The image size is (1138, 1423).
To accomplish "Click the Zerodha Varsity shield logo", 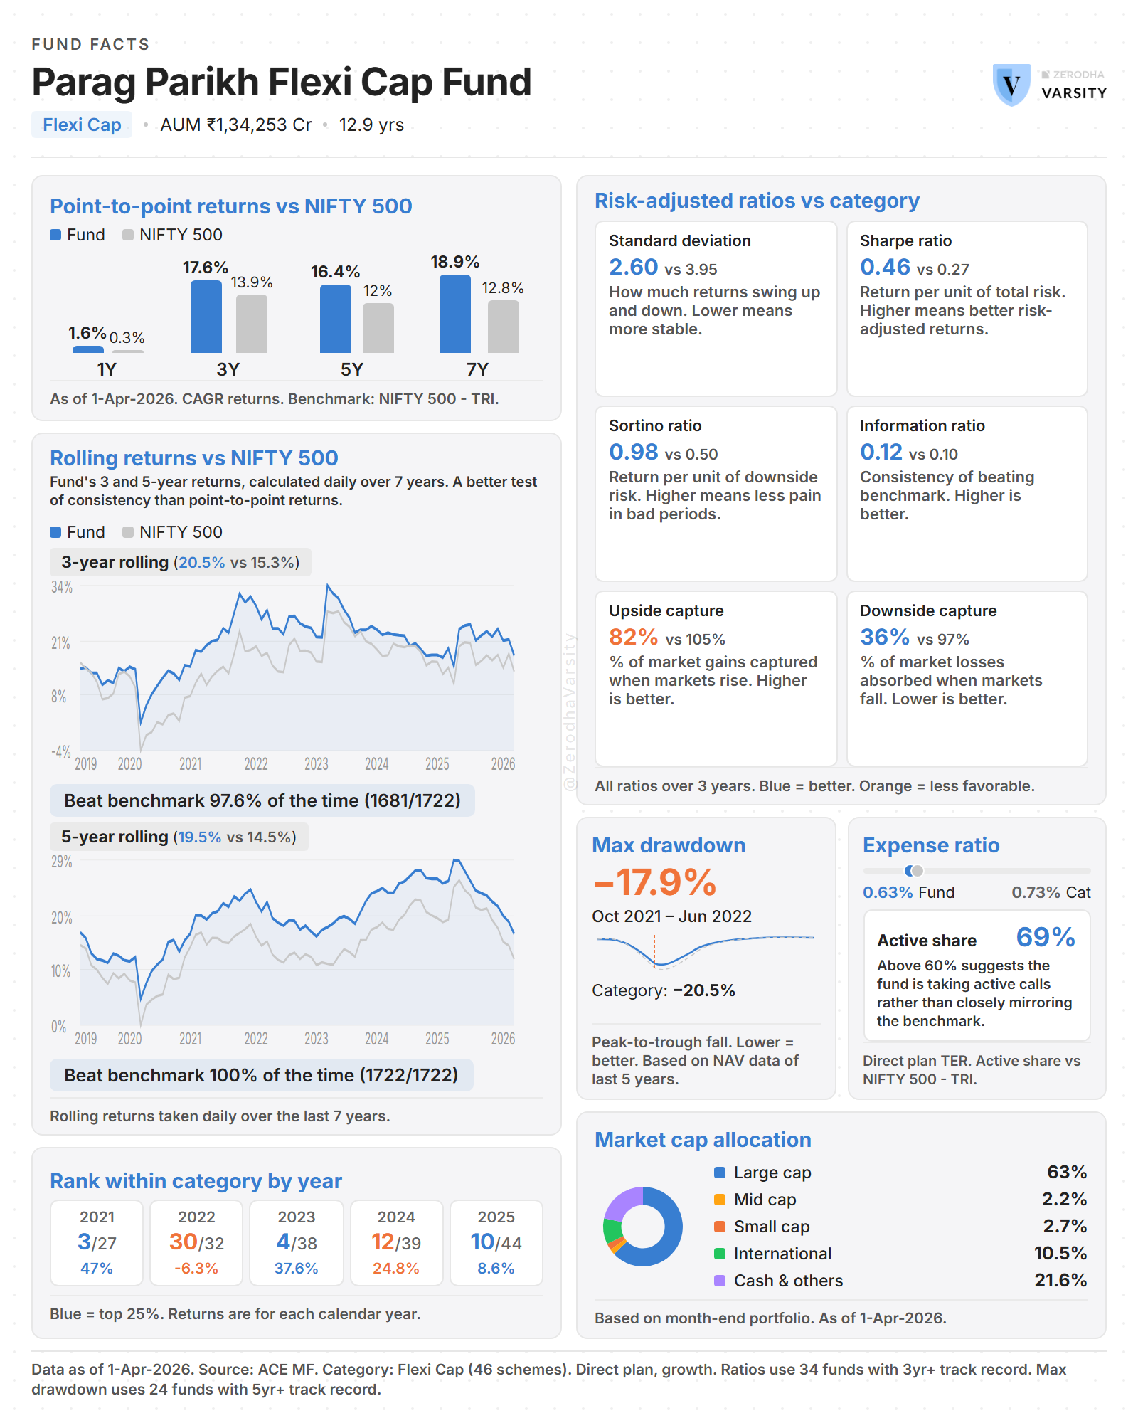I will [1011, 85].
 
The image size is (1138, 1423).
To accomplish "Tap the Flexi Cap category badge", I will [82, 125].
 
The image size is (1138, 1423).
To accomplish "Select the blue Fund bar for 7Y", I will [455, 314].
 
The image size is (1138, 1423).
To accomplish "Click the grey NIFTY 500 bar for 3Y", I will [252, 324].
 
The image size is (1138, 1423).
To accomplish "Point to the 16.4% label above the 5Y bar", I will [335, 272].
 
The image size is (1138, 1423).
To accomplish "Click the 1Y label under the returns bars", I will [107, 369].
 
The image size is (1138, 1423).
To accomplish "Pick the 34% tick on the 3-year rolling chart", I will [62, 588].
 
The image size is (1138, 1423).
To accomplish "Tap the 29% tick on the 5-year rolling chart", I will [62, 862].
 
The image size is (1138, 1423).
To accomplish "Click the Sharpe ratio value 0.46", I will [885, 267].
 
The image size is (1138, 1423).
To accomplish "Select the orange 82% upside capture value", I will [633, 637].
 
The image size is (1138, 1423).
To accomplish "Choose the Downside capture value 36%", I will [884, 637].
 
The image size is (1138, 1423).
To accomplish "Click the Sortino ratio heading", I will [655, 425].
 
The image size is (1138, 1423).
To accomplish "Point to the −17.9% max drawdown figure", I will [655, 882].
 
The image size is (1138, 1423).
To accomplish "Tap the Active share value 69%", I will [1045, 937].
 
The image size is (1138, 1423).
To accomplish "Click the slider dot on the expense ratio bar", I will [913, 871].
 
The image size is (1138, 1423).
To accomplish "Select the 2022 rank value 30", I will [184, 1242].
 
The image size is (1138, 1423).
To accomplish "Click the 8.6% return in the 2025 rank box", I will [496, 1269].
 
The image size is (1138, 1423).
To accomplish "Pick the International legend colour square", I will [720, 1254].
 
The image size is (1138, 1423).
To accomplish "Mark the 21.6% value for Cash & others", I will [1060, 1281].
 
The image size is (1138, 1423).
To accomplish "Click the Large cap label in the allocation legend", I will [772, 1173].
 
